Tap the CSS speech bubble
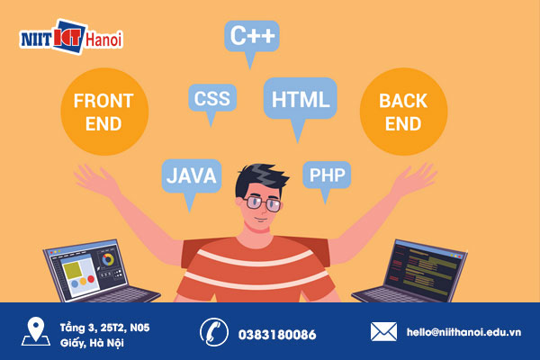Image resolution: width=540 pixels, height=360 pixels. (x=211, y=97)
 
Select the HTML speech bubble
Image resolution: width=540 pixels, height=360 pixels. (x=300, y=98)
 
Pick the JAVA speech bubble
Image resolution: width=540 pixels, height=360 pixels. (x=191, y=175)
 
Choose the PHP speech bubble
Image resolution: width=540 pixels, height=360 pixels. (x=326, y=174)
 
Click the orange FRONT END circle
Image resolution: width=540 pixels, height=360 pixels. (x=103, y=111)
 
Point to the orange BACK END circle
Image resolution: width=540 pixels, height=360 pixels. (x=402, y=112)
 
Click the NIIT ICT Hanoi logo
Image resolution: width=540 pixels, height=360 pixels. (x=71, y=39)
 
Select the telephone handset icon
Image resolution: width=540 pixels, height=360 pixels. (x=213, y=332)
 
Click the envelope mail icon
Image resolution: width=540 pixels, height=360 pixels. (x=384, y=332)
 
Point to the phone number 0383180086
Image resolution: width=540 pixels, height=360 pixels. (x=277, y=334)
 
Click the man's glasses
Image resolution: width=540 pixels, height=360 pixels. (x=263, y=202)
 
